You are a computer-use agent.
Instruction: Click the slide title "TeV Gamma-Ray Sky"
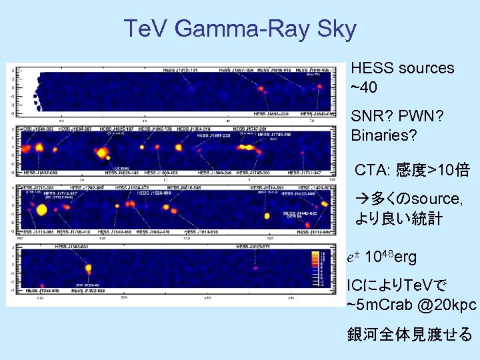coord(240,29)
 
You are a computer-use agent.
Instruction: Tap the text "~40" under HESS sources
coord(363,88)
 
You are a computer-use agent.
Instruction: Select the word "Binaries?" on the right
coord(384,135)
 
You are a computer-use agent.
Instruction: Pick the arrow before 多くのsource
coord(360,199)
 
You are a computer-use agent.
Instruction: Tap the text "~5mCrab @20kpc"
coord(411,305)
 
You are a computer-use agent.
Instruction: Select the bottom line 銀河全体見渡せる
coord(409,335)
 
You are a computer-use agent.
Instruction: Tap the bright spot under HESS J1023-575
coord(255,269)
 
